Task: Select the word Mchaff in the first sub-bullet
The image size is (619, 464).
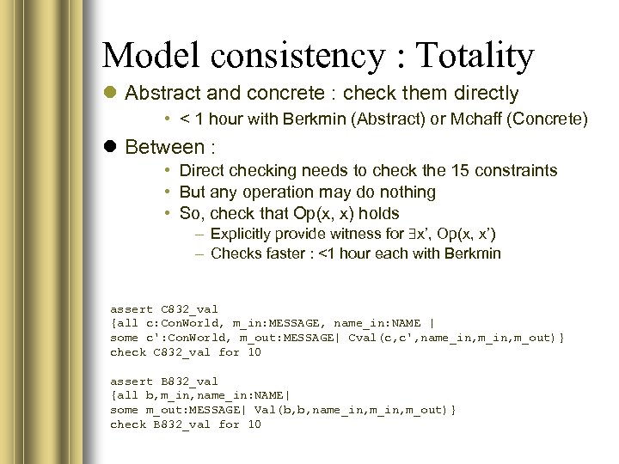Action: click(x=478, y=119)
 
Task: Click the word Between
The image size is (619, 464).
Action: click(x=164, y=147)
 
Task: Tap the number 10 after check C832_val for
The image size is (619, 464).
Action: click(x=254, y=352)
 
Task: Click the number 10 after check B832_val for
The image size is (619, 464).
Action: click(x=254, y=424)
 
